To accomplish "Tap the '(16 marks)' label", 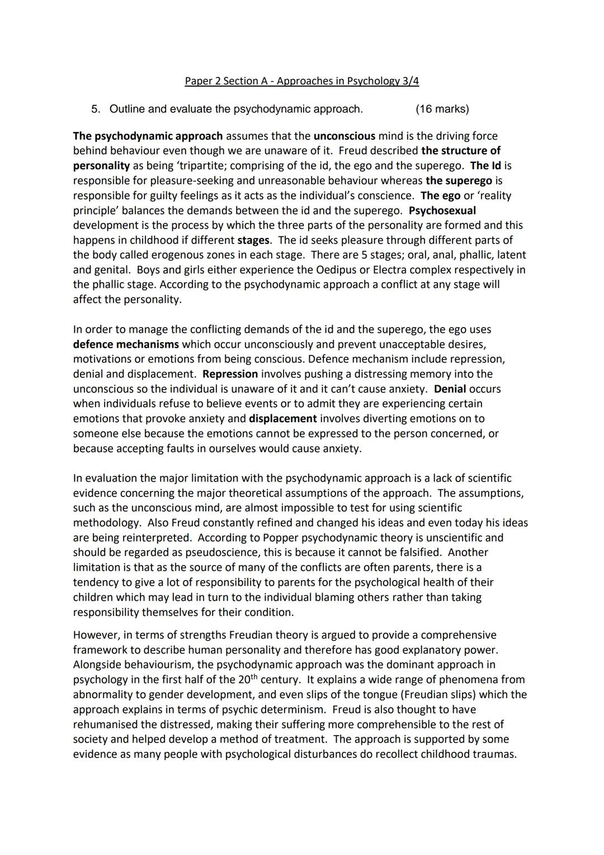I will (x=442, y=109).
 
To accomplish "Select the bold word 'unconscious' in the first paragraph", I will (x=344, y=136).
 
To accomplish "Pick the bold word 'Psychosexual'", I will (x=442, y=211).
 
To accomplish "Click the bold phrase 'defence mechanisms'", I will (x=126, y=344).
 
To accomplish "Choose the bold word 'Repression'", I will (x=230, y=374).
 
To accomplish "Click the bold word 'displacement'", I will (x=282, y=419).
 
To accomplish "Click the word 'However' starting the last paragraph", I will (x=94, y=636).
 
